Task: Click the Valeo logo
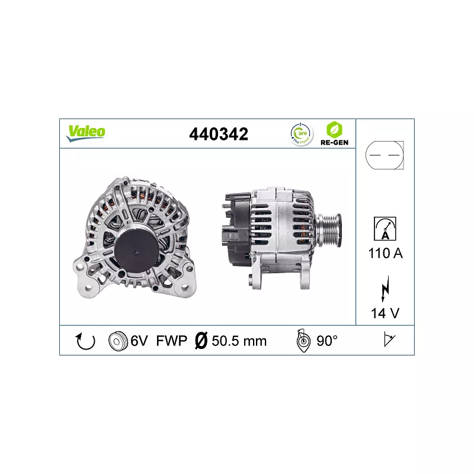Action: tap(86, 133)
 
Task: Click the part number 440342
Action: tap(218, 134)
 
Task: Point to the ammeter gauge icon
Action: tap(385, 229)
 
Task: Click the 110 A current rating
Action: tap(385, 253)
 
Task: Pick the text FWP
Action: tap(171, 341)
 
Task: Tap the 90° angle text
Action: tap(326, 341)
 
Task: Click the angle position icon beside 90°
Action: tap(303, 341)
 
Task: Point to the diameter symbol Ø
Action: tap(200, 341)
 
